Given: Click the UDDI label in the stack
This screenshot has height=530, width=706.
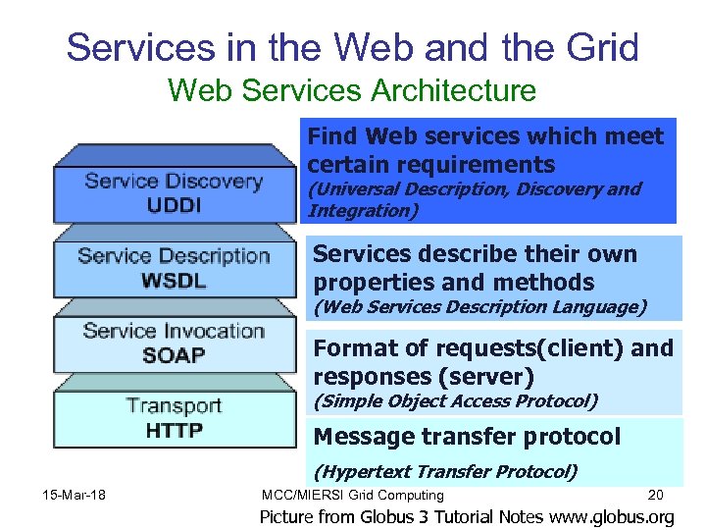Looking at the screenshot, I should (x=174, y=205).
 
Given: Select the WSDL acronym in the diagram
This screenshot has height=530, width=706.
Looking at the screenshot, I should (x=174, y=280).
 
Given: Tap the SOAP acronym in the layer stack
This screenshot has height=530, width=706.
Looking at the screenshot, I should (x=174, y=354).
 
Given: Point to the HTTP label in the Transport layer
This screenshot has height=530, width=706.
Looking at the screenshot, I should (x=174, y=429).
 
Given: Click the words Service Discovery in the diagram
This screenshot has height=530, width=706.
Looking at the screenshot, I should (x=174, y=182).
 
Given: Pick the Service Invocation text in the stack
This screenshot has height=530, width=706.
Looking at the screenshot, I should (x=174, y=331).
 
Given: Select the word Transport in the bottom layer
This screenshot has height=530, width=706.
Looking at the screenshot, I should (x=174, y=405).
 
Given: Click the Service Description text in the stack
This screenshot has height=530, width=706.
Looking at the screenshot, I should (x=174, y=256).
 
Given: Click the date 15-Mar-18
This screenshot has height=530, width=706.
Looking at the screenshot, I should (x=75, y=494).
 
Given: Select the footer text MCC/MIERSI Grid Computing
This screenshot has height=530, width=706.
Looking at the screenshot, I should (x=353, y=496).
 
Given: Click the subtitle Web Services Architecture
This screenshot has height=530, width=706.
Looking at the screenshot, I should (x=352, y=91).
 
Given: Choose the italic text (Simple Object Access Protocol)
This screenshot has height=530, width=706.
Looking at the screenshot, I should (x=455, y=400).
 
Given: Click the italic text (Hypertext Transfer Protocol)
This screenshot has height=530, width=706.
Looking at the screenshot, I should (x=445, y=472).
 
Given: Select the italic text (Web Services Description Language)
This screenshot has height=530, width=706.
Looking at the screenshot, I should (x=479, y=307).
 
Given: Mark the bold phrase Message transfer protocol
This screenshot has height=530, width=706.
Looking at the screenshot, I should (x=467, y=437).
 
